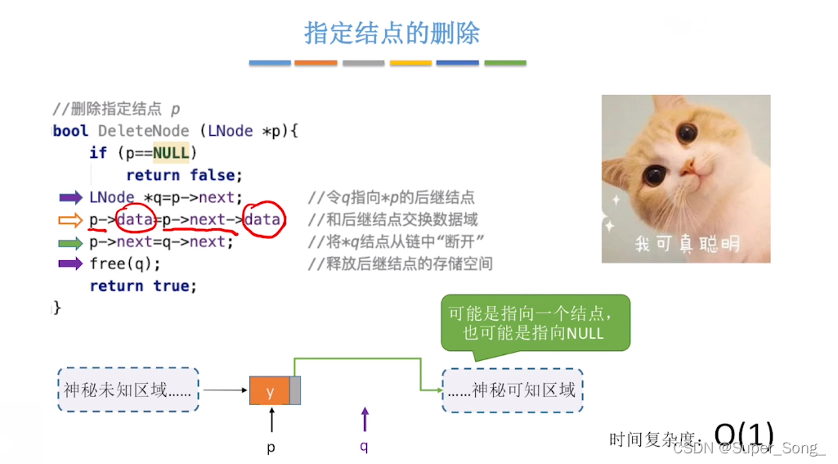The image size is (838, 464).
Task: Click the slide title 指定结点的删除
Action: (x=392, y=33)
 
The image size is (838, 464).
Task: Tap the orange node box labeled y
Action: (x=270, y=391)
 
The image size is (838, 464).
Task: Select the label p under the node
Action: (x=271, y=448)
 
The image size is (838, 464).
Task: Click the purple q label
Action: (x=364, y=447)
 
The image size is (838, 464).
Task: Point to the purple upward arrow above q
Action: (x=365, y=420)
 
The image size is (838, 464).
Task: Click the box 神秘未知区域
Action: (x=128, y=390)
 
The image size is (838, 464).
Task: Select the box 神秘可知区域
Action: (x=513, y=390)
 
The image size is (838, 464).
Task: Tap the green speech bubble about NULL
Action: (x=535, y=323)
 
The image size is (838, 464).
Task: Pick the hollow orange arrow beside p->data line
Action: (x=71, y=219)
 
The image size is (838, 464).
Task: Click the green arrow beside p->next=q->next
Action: (x=71, y=242)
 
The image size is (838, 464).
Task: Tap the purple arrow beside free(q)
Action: (x=71, y=264)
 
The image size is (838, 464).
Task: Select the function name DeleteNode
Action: (x=143, y=131)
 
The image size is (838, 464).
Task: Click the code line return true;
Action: (x=143, y=286)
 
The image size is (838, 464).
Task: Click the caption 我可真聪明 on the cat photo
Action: (x=687, y=244)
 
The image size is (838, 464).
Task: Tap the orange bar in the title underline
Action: (x=316, y=63)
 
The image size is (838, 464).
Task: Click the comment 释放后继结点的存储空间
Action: (x=400, y=264)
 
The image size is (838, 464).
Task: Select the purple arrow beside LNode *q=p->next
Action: (x=71, y=197)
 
